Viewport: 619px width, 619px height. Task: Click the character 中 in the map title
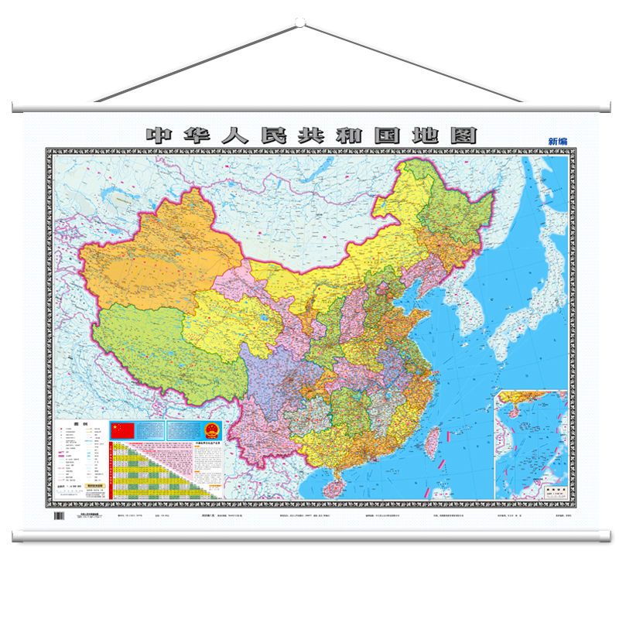[x=157, y=135]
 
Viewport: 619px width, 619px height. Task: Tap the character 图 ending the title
[x=465, y=135]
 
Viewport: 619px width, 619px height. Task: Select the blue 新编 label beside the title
[x=557, y=141]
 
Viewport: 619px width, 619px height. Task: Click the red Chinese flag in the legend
[x=123, y=430]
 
